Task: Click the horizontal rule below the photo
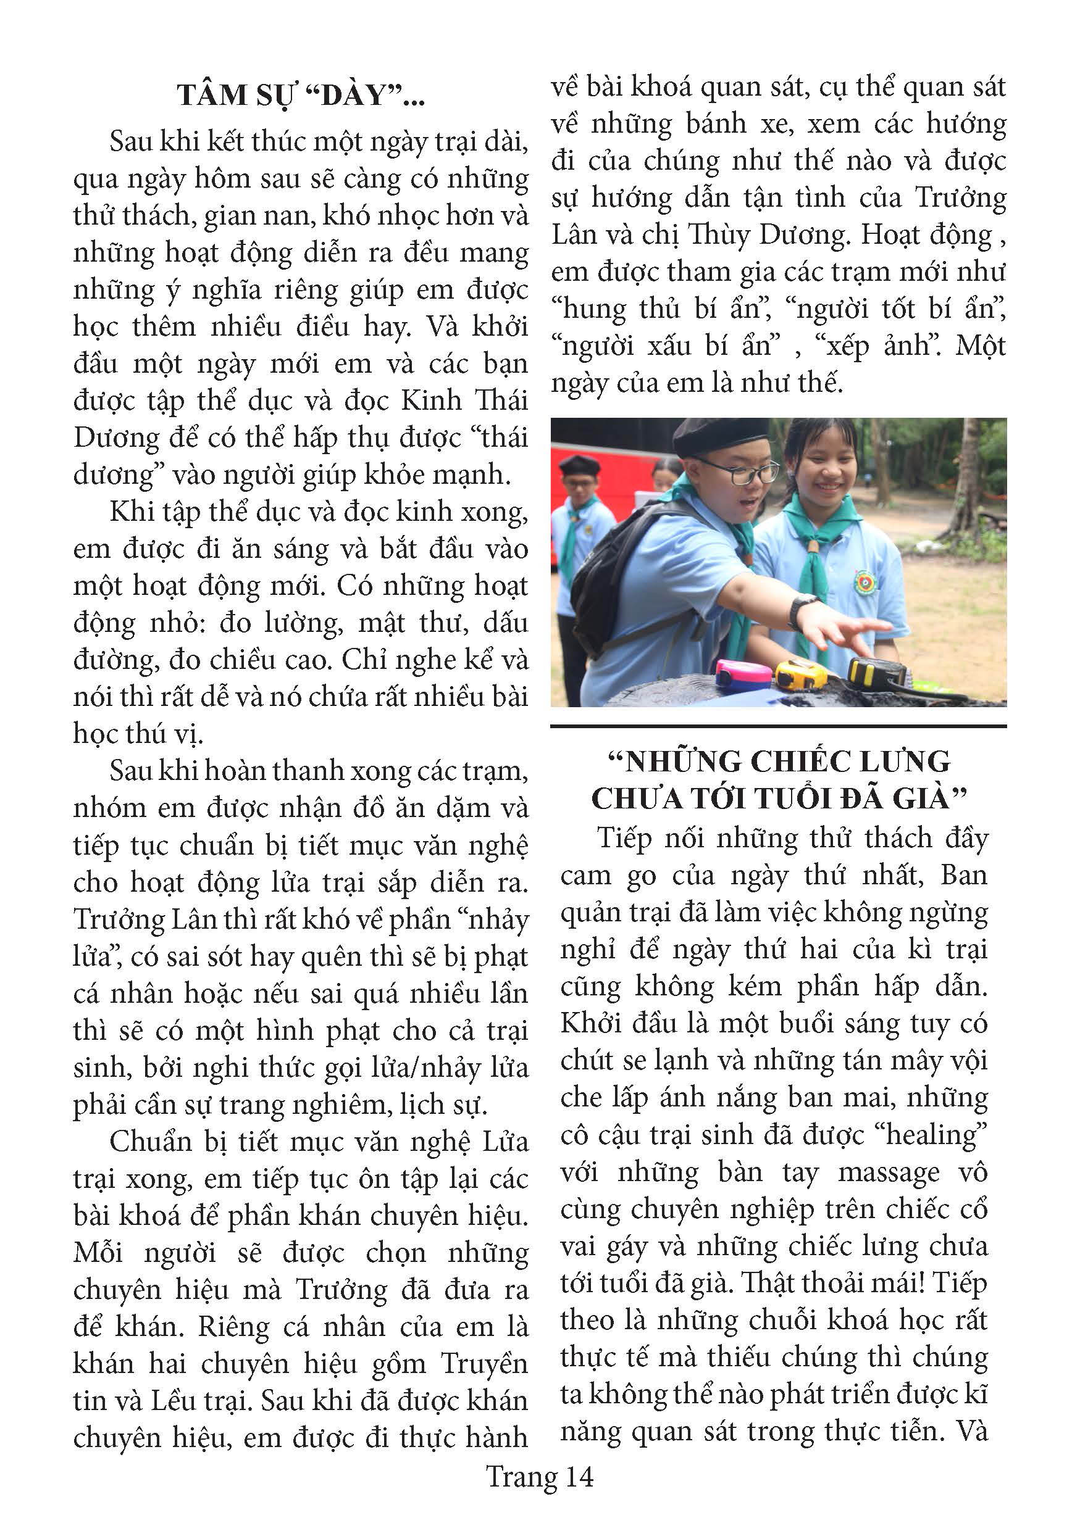click(778, 726)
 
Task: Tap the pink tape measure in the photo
click(741, 675)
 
